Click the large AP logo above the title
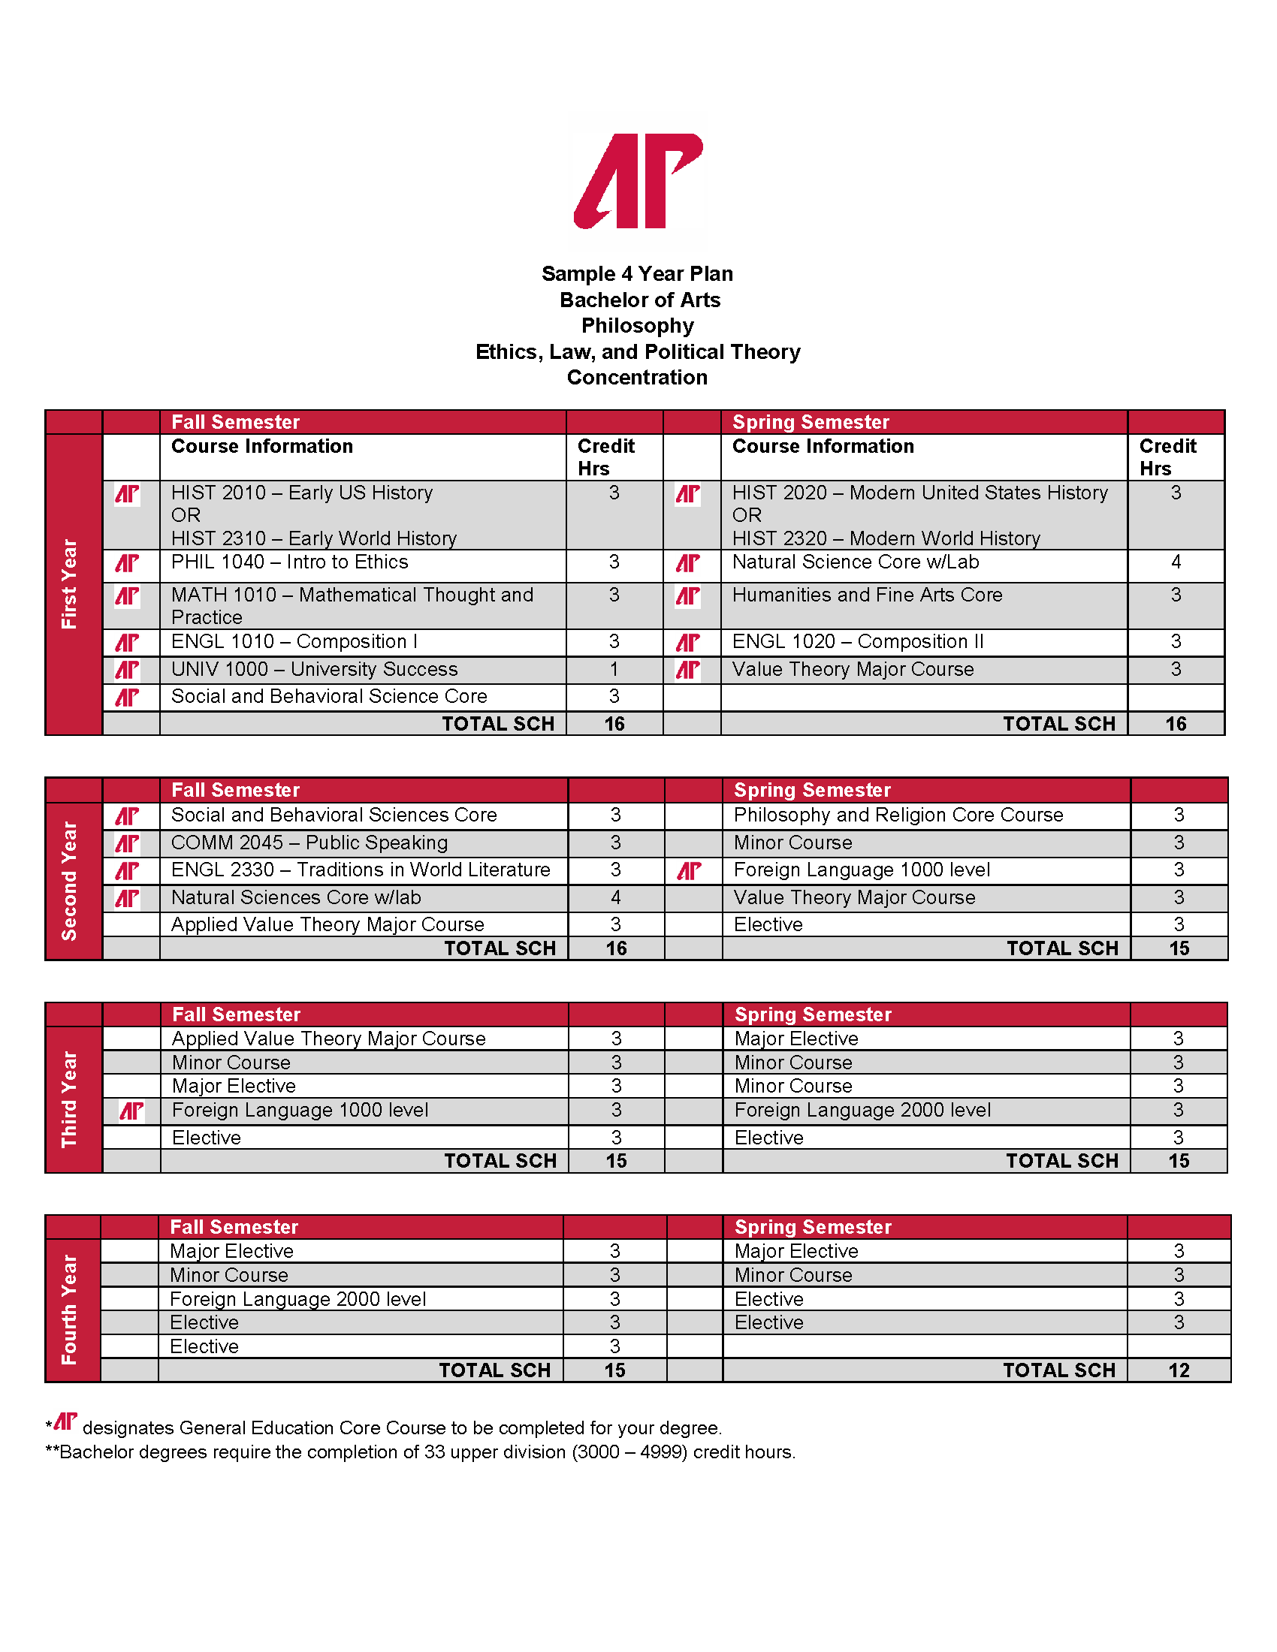tap(638, 182)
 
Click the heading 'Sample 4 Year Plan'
tap(637, 274)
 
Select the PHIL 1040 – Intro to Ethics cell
tap(290, 562)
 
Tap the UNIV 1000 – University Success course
tap(314, 669)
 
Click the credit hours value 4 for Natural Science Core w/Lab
tap(1176, 562)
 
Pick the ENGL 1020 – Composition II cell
tap(858, 642)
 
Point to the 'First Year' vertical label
tap(70, 584)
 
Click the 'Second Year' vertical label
tap(70, 882)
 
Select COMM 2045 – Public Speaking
tap(309, 843)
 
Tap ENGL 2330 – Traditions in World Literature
tap(360, 870)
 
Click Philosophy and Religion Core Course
tap(898, 815)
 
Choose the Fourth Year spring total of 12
tap(1179, 1370)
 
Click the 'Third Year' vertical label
tap(70, 1099)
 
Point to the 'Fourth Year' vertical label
tap(70, 1310)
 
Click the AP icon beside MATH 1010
tap(127, 597)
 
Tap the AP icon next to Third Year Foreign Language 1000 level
tap(131, 1111)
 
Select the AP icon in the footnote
tap(66, 1422)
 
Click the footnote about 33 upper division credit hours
tap(421, 1453)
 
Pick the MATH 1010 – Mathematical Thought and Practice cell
tap(352, 606)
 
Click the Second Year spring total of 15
tap(1179, 948)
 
